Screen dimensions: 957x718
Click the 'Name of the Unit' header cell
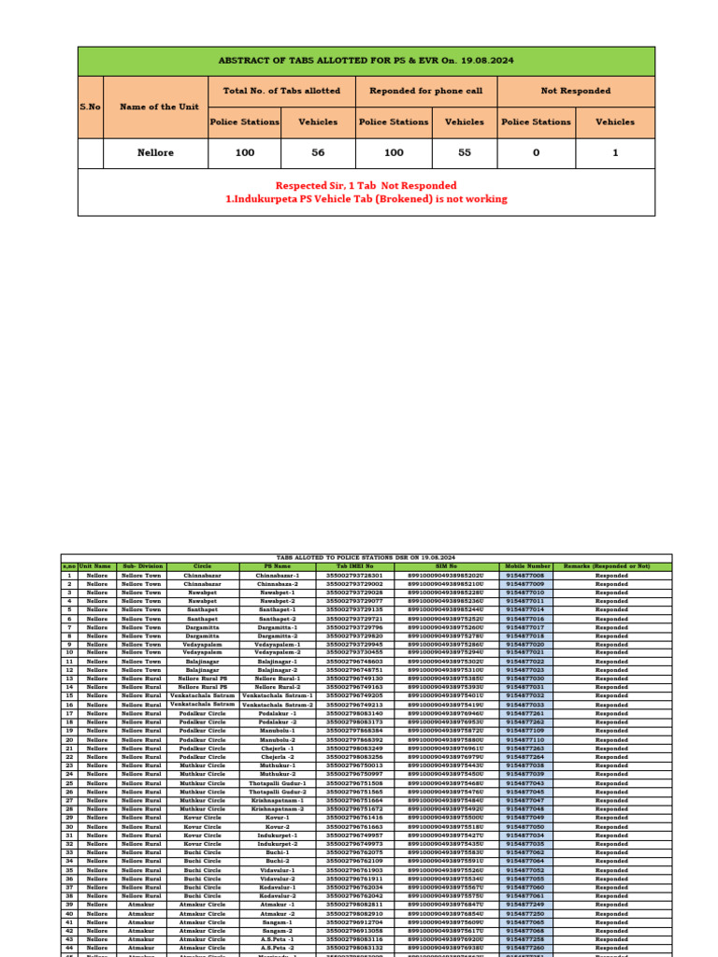[x=153, y=107]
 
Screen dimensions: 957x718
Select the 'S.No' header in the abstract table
[x=90, y=107]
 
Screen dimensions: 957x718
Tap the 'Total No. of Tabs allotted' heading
[x=281, y=91]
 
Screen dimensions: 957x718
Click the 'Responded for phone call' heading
[x=426, y=91]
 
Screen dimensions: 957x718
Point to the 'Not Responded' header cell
[x=576, y=91]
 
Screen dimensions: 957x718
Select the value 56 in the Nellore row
[x=318, y=152]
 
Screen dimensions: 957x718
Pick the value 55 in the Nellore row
[x=465, y=152]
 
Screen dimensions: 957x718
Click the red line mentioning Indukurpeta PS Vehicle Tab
[x=366, y=199]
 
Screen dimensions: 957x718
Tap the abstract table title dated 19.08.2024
[x=366, y=61]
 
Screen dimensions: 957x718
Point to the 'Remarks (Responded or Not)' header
[x=611, y=566]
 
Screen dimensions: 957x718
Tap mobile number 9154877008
[x=525, y=576]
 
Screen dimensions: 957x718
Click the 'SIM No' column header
[x=446, y=566]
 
